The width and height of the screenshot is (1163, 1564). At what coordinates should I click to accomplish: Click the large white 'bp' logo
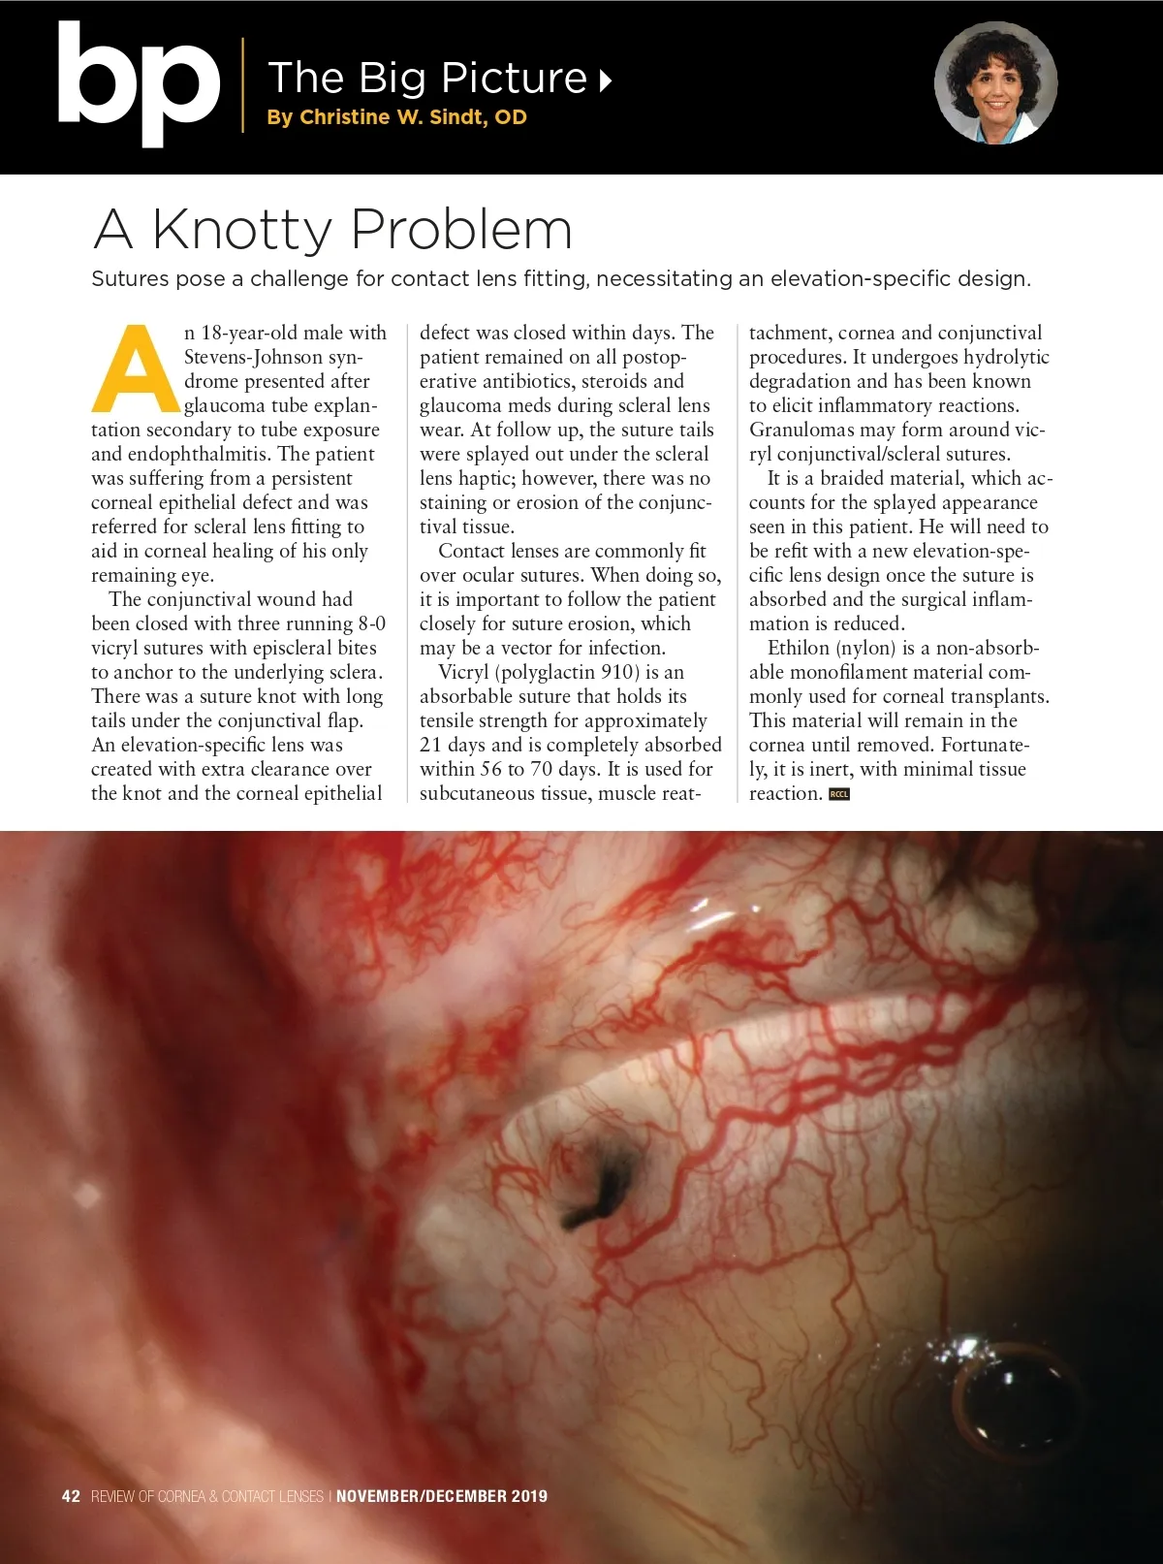pyautogui.click(x=138, y=85)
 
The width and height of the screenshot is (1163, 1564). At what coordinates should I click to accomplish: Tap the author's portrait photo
pyautogui.click(x=995, y=83)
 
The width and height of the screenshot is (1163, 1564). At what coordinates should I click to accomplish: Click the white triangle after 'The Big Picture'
pyautogui.click(x=606, y=80)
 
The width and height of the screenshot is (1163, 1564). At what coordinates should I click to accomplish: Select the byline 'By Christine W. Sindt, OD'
pyautogui.click(x=396, y=117)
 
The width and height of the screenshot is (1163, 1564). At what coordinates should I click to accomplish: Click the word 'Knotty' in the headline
pyautogui.click(x=242, y=230)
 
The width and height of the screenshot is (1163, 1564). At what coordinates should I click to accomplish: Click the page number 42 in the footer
pyautogui.click(x=71, y=1496)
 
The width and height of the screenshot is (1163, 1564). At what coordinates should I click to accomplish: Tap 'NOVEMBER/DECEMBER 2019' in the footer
pyautogui.click(x=442, y=1496)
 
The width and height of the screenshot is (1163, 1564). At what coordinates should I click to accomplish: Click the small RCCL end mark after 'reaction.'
pyautogui.click(x=839, y=794)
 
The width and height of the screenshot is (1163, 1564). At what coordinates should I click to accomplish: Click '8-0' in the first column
pyautogui.click(x=371, y=623)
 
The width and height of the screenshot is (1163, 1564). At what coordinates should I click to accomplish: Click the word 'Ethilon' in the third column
pyautogui.click(x=798, y=648)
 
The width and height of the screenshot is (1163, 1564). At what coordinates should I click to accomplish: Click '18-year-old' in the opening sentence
pyautogui.click(x=254, y=333)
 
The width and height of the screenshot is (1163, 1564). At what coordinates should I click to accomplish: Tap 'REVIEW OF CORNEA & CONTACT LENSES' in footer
pyautogui.click(x=207, y=1496)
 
